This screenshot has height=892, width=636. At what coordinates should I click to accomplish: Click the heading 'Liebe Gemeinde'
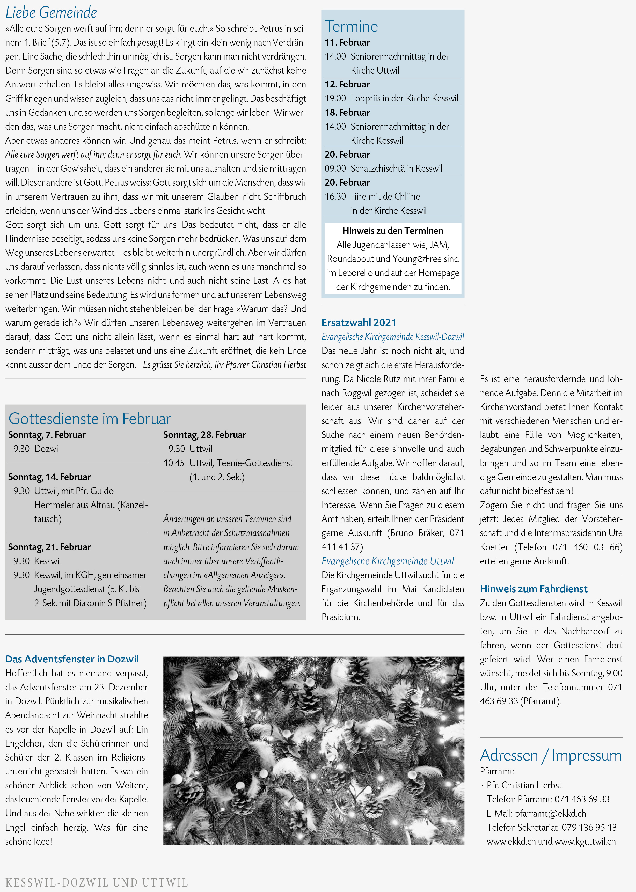[x=51, y=12]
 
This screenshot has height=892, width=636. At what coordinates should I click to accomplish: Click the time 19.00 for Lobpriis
[x=335, y=98]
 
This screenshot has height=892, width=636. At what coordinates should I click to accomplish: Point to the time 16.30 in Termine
[x=335, y=196]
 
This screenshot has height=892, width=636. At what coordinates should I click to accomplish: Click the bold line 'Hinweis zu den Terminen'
[x=393, y=231]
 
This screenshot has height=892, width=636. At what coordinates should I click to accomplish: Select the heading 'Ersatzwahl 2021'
[x=359, y=322]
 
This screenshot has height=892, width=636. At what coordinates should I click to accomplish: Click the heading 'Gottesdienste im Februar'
[x=90, y=419]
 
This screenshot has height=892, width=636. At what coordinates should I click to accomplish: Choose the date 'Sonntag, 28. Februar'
[x=204, y=435]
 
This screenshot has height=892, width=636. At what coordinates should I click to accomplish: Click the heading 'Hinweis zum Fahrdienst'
[x=533, y=589]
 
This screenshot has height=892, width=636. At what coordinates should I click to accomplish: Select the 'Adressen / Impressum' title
[x=551, y=755]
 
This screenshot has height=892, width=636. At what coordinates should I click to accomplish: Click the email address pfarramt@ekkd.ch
[x=550, y=813]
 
